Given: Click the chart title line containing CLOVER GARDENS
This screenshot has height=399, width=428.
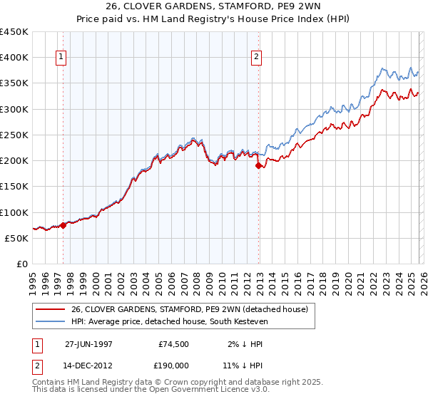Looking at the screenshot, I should click(x=214, y=8).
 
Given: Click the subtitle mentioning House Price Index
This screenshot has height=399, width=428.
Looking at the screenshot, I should click(x=214, y=20).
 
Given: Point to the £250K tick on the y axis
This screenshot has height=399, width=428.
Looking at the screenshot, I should click(x=14, y=135).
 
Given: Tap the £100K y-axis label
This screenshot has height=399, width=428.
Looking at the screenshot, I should click(x=14, y=212).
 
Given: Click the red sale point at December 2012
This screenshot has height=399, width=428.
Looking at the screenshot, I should click(x=258, y=165).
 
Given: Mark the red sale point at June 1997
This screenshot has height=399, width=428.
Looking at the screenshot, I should click(x=63, y=225).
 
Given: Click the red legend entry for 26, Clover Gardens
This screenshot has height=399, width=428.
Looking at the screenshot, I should click(x=189, y=309).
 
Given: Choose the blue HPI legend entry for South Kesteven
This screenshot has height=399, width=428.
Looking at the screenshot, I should click(x=178, y=322).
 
